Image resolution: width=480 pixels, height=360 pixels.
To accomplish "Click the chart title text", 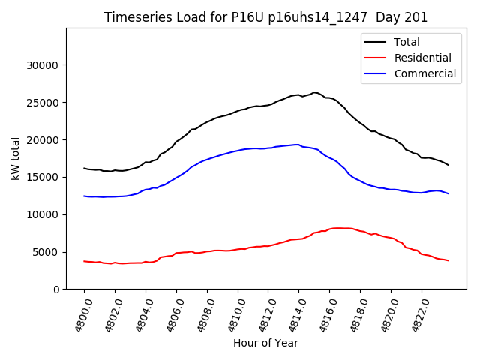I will [265, 17].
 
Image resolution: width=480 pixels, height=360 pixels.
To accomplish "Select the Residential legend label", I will [422, 58].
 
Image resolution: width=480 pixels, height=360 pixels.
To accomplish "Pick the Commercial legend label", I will [425, 73].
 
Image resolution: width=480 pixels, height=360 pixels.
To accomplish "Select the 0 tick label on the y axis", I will [56, 289].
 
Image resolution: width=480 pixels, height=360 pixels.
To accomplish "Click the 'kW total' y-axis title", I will [16, 159].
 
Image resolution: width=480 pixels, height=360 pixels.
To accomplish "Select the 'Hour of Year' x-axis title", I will [265, 343].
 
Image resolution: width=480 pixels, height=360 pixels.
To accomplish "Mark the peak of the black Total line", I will [314, 92].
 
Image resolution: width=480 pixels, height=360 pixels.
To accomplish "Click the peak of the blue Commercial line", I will [298, 145].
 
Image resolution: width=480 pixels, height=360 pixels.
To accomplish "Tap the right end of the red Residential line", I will [448, 260].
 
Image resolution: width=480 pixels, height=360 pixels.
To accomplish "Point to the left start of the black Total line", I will [84, 168].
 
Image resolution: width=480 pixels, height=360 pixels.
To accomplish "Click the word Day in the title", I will [384, 17].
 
